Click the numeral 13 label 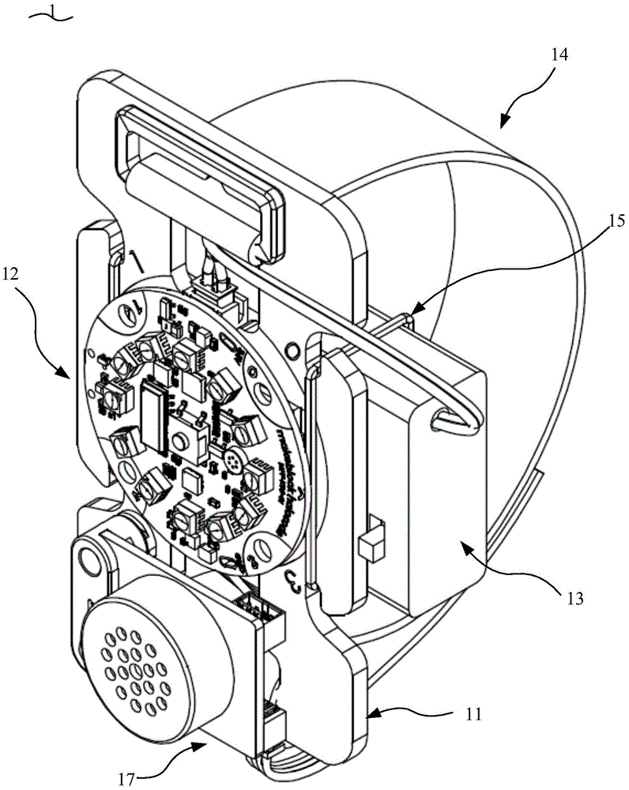point(576,598)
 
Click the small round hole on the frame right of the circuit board point(293,348)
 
